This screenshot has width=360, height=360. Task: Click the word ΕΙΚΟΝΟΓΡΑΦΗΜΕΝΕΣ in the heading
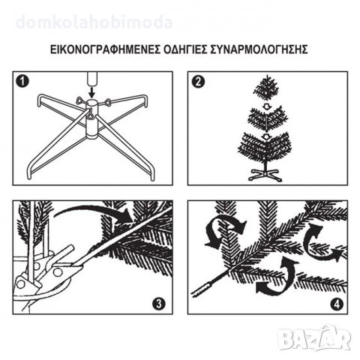click(x=105, y=49)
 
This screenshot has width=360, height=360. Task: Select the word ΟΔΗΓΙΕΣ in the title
click(x=186, y=49)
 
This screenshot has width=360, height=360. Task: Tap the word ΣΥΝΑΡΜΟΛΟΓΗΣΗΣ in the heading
click(x=259, y=49)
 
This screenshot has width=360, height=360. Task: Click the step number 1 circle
click(x=22, y=82)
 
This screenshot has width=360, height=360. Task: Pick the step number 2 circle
click(x=198, y=82)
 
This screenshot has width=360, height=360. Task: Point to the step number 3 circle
click(x=159, y=304)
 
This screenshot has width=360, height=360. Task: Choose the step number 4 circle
click(x=337, y=304)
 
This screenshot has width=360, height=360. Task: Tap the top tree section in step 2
click(x=266, y=88)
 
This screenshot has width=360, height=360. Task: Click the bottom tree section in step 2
click(x=265, y=148)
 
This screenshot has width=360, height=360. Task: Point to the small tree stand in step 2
click(x=265, y=174)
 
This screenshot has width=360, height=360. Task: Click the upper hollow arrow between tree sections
click(x=267, y=106)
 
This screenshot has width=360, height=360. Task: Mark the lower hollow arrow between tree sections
click(x=267, y=136)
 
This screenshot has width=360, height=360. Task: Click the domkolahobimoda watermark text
click(x=94, y=22)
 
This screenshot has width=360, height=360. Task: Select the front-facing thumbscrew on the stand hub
click(x=91, y=115)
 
